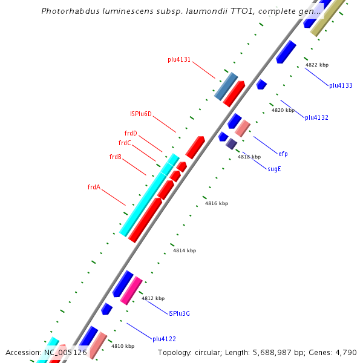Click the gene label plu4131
coord(179,60)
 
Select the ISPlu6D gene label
coord(141,114)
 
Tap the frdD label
coord(131,134)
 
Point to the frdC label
coord(125,143)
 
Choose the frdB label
coord(116,157)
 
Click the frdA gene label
coord(94,188)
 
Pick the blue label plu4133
coord(341,86)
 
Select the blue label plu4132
coord(316,117)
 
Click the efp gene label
coord(283,154)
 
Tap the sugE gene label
coord(274,169)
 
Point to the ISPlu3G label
coord(179,313)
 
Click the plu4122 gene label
coord(164,339)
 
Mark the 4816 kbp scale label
coord(217,204)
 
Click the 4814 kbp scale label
coord(185,250)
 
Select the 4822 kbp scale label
coord(317,65)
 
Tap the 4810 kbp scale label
coord(123,346)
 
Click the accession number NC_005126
coord(65,353)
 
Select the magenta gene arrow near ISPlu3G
coord(131,290)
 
